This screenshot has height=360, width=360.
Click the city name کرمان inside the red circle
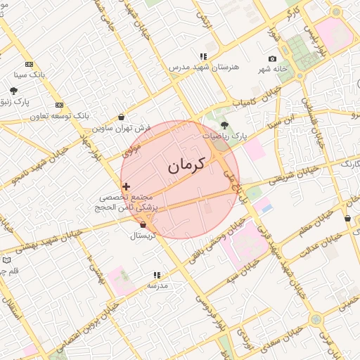click(186, 166)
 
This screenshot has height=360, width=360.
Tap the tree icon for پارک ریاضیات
click(224, 124)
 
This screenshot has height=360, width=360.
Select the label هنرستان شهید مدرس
click(205, 67)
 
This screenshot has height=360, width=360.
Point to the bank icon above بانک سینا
click(30, 63)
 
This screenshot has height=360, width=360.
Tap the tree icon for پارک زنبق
click(13, 90)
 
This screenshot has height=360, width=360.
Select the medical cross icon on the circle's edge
click(126, 187)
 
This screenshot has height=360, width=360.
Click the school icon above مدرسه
click(156, 275)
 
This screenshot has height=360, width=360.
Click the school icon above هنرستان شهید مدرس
click(203, 56)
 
